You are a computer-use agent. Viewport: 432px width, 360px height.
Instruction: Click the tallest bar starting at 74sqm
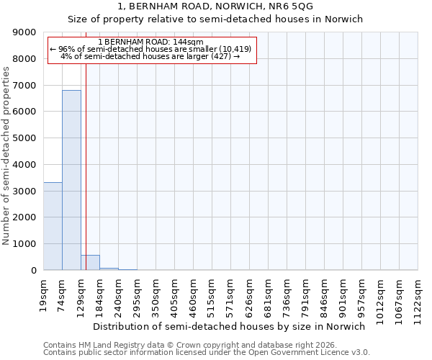(71, 180)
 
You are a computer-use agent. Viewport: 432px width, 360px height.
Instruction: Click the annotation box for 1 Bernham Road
(152, 50)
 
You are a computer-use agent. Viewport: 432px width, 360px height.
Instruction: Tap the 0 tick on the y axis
(33, 270)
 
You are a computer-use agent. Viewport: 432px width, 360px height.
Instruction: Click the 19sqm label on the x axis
(44, 293)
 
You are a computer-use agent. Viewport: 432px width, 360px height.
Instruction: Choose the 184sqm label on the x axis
(100, 293)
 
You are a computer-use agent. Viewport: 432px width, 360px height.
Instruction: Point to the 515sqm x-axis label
(212, 293)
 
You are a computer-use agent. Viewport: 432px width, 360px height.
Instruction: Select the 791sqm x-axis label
(306, 293)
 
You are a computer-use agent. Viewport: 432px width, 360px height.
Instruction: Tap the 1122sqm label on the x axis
(418, 296)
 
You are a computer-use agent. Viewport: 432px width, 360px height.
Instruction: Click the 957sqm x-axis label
(362, 293)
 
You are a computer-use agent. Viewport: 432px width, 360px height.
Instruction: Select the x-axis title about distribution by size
(230, 326)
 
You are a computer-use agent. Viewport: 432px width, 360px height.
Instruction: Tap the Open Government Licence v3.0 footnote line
(207, 353)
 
